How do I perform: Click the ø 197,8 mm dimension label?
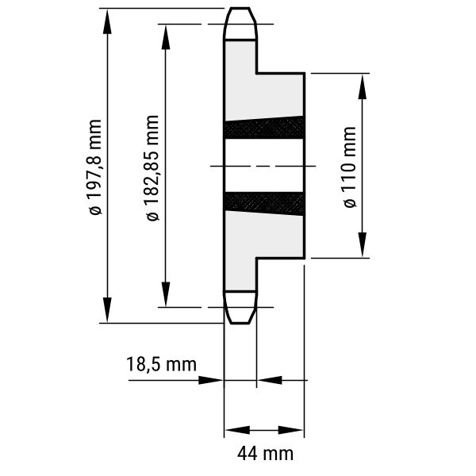tap(94, 167)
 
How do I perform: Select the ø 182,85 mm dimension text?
tap(152, 168)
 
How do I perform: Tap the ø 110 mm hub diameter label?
tap(349, 167)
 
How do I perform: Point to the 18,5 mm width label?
tap(161, 364)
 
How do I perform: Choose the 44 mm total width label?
tap(265, 454)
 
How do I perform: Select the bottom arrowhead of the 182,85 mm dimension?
tap(166, 294)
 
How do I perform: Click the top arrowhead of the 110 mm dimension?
tap(363, 86)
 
